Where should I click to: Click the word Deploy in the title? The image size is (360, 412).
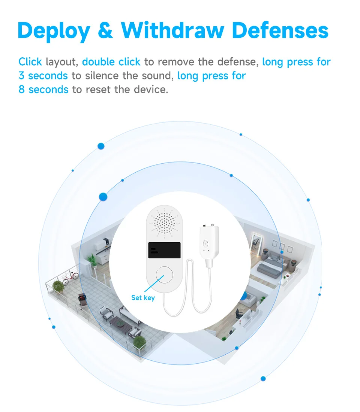click(x=53, y=31)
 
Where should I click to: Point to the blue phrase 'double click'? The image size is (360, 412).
click(x=111, y=62)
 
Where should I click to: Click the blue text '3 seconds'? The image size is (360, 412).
click(x=43, y=76)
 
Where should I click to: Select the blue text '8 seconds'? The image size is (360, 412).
click(x=43, y=90)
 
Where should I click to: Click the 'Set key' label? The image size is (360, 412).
click(x=143, y=298)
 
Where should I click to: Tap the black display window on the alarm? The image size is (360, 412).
click(x=165, y=252)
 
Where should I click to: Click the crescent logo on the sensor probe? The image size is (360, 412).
click(x=207, y=244)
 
